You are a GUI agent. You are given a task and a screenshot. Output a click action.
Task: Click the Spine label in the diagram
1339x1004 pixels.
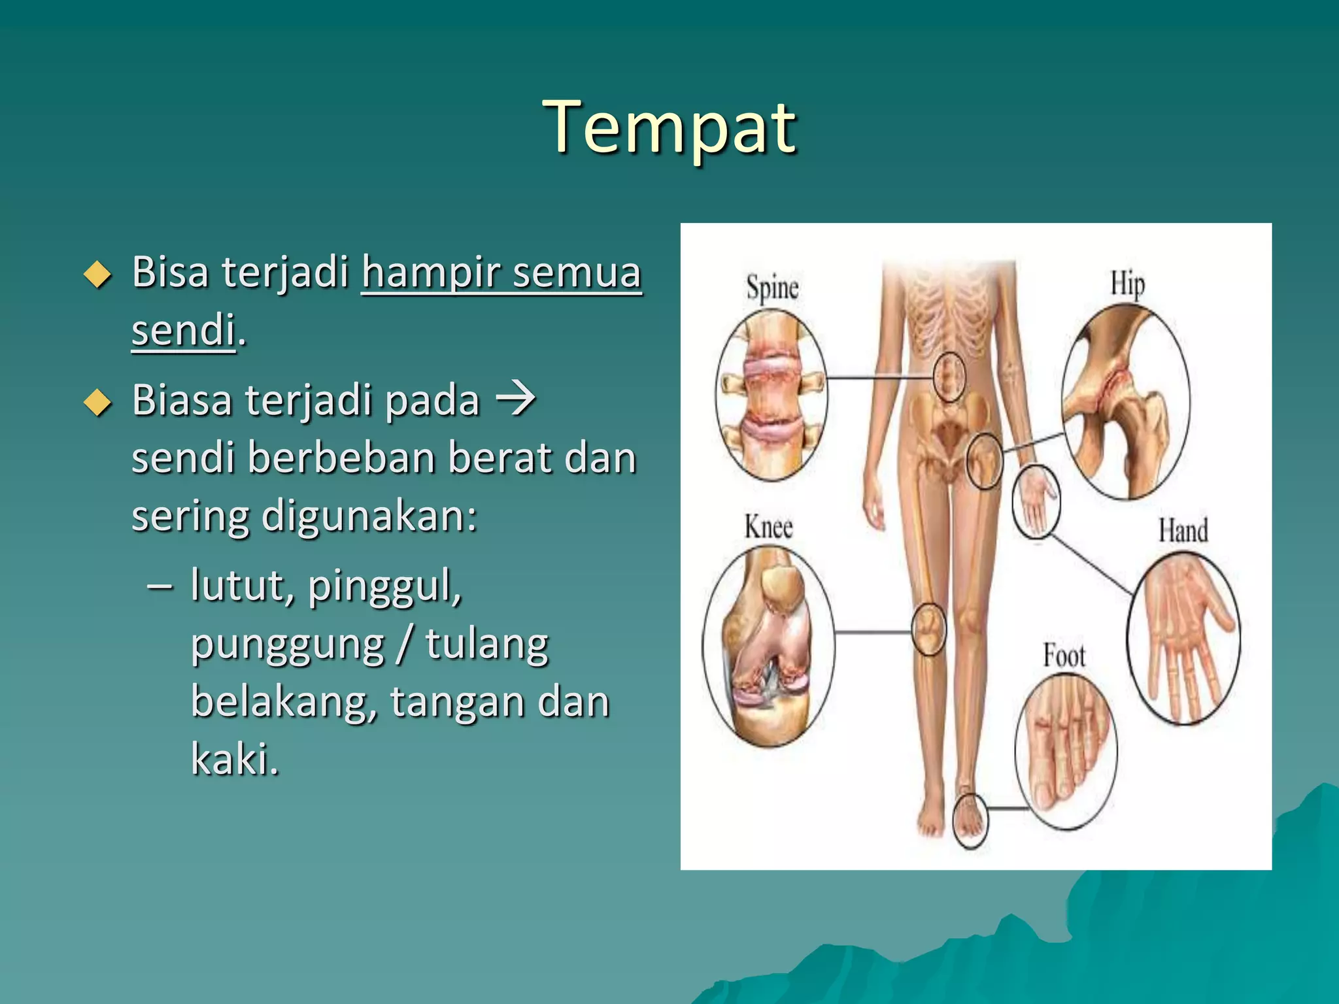point(772,288)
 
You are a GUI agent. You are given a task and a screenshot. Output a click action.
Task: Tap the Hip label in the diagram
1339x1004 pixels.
point(1127,284)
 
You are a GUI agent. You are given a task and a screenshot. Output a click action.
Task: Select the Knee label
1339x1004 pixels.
point(768,527)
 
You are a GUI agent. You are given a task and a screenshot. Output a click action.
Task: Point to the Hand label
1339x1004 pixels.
point(1183,530)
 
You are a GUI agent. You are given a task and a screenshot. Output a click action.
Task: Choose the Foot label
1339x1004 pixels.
point(1064,656)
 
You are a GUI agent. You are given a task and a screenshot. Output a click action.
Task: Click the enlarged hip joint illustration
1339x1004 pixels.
point(1125,402)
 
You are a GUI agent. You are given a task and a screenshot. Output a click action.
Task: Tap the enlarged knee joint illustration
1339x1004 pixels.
point(768,647)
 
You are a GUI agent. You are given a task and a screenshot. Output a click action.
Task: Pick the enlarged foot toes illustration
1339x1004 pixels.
point(1066,752)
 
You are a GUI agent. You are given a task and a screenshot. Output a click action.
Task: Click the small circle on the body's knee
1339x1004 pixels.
point(928,629)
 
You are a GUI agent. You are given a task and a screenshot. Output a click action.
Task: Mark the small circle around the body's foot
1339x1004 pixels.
point(970,820)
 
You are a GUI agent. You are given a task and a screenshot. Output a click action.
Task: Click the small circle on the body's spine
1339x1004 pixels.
point(948,376)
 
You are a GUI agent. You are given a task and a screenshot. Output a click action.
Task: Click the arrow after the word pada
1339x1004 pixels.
point(516,399)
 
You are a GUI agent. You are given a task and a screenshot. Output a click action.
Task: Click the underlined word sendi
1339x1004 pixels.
point(183,329)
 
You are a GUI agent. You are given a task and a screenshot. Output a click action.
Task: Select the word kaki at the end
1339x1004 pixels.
point(233,760)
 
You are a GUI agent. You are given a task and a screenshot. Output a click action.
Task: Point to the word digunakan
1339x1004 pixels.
point(369,516)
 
